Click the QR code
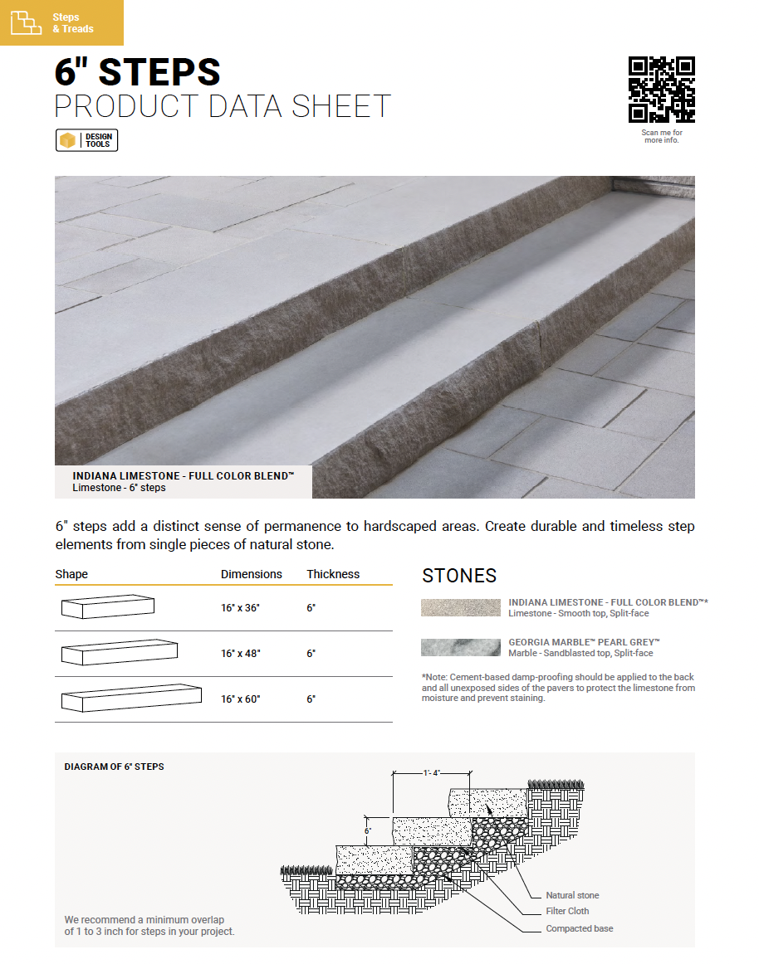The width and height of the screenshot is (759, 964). click(661, 90)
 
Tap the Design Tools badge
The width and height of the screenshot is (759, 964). click(87, 141)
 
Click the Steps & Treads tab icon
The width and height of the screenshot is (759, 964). click(26, 23)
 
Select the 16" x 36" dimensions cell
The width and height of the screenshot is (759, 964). click(240, 608)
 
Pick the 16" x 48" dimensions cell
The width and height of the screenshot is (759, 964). click(240, 654)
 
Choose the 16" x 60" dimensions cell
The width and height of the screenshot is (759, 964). click(240, 699)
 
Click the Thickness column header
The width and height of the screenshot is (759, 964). click(333, 574)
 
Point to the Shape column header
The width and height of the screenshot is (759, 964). click(71, 574)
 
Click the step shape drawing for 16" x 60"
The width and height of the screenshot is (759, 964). click(131, 698)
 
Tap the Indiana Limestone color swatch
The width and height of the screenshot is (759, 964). click(460, 607)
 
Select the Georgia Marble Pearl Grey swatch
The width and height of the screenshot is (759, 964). click(460, 647)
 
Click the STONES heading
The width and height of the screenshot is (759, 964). click(459, 576)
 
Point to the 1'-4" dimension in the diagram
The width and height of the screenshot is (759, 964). click(431, 773)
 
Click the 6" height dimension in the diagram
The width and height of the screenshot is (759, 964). click(368, 830)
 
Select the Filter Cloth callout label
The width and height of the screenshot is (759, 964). click(567, 911)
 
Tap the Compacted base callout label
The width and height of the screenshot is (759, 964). click(579, 928)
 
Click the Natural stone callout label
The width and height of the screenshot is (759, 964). click(572, 895)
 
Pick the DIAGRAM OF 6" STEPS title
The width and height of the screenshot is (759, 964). click(114, 767)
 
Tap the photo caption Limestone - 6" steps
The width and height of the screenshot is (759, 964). click(119, 488)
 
